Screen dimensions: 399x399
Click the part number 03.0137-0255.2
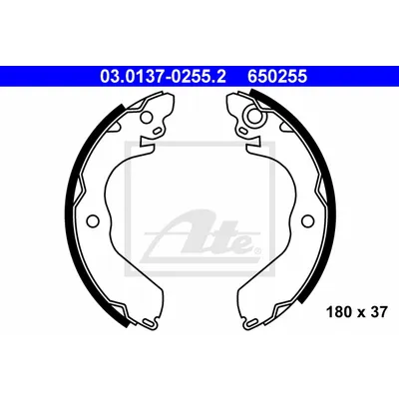(163, 77)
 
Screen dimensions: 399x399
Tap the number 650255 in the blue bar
(277, 77)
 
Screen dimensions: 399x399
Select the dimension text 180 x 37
(357, 312)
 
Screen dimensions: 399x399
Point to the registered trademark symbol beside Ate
(256, 250)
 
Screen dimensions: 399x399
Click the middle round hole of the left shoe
(93, 220)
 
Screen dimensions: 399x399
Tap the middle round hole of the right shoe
(307, 220)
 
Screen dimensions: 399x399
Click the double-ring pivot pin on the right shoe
(254, 115)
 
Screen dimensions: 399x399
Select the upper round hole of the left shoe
(147, 117)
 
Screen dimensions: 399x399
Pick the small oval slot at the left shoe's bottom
(149, 322)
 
